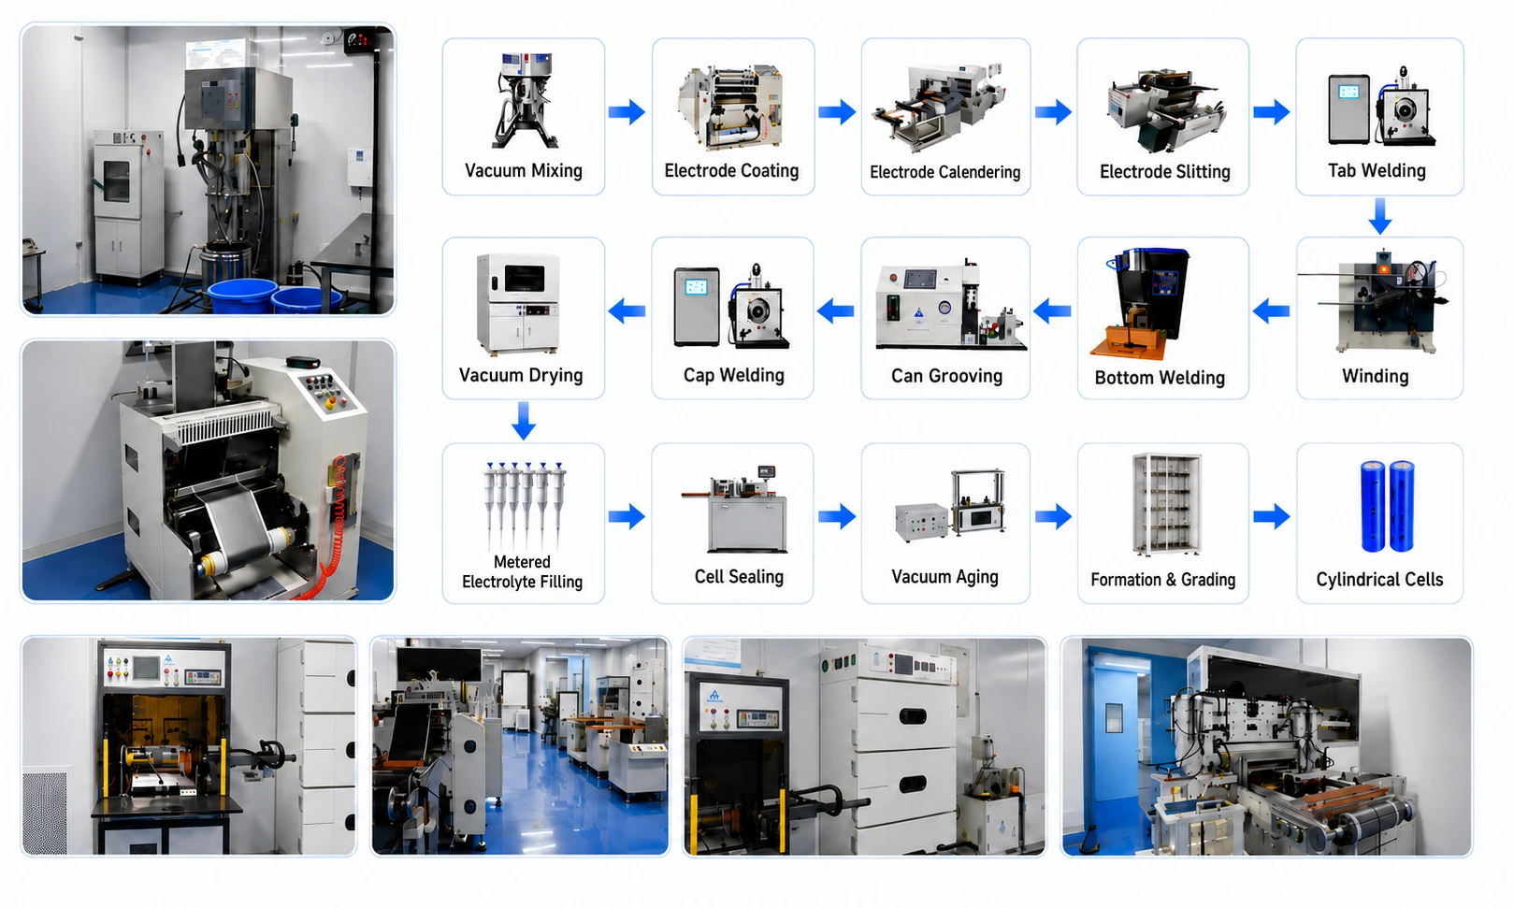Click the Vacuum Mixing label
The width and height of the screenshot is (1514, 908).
point(523,170)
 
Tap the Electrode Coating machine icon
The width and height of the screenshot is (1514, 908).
point(731,107)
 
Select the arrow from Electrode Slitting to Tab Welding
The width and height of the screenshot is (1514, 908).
point(1272,111)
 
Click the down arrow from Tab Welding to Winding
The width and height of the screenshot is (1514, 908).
point(1379,216)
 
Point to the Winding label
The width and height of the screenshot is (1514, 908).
point(1375,376)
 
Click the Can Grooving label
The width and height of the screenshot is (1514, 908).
point(946,375)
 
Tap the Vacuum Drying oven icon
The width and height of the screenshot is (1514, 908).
point(519,304)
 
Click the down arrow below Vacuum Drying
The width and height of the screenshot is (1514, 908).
point(523,421)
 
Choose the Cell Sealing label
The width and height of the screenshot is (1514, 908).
point(739,577)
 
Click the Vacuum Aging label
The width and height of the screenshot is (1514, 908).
point(944,577)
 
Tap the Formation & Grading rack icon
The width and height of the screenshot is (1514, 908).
point(1166,504)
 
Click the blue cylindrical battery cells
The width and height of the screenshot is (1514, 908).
point(1387,506)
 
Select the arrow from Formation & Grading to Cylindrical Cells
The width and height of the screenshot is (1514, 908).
point(1272,516)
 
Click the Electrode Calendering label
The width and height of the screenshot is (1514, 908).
point(944,172)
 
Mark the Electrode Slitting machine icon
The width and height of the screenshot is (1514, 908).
point(1165,108)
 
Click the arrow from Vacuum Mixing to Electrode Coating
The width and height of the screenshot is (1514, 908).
point(627,111)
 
